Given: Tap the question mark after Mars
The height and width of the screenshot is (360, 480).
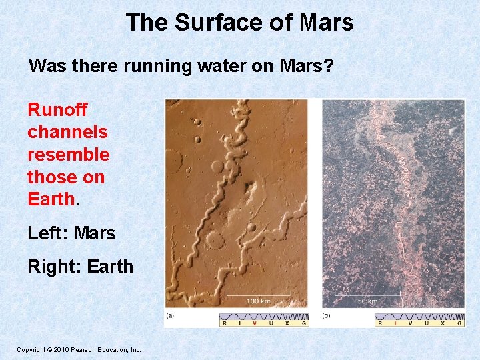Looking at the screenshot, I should (x=329, y=66).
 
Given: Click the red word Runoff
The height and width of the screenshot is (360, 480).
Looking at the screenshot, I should (x=57, y=109).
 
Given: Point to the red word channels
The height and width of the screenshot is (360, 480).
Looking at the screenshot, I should (x=67, y=132).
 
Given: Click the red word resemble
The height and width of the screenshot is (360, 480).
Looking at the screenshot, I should (x=68, y=155).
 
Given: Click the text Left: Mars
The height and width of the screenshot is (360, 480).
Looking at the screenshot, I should (x=71, y=233).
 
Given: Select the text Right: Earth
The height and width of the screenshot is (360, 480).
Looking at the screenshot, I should (x=80, y=267).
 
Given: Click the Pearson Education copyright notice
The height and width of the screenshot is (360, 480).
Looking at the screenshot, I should (x=79, y=349).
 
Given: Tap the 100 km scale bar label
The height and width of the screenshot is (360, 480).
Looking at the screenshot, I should (x=258, y=301).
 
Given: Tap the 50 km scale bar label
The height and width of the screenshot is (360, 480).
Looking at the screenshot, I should (x=367, y=301).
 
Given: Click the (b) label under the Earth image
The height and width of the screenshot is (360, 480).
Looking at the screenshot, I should (x=327, y=315).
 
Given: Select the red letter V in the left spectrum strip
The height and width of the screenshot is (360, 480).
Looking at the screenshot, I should (x=255, y=323).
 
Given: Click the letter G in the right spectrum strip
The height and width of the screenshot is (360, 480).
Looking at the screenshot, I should (x=459, y=323).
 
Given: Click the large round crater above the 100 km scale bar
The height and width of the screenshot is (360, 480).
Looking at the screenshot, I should (x=215, y=239).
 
